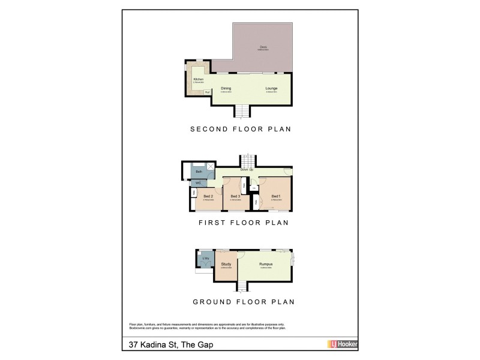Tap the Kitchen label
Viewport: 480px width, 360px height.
pyautogui.click(x=199, y=79)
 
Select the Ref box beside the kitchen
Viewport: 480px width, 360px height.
pyautogui.click(x=207, y=92)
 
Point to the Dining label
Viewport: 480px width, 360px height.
pyautogui.click(x=226, y=88)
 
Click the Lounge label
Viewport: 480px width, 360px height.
pyautogui.click(x=272, y=88)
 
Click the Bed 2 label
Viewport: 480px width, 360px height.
pyautogui.click(x=208, y=196)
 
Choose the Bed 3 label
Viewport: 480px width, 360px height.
pyautogui.click(x=235, y=196)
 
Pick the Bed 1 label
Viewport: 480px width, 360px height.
pyautogui.click(x=276, y=196)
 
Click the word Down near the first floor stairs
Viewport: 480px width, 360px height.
pyautogui.click(x=244, y=170)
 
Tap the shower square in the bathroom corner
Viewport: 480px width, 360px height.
pyautogui.click(x=211, y=167)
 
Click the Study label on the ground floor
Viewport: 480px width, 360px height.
pyautogui.click(x=226, y=264)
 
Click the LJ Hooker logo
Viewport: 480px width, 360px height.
pyautogui.click(x=343, y=344)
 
